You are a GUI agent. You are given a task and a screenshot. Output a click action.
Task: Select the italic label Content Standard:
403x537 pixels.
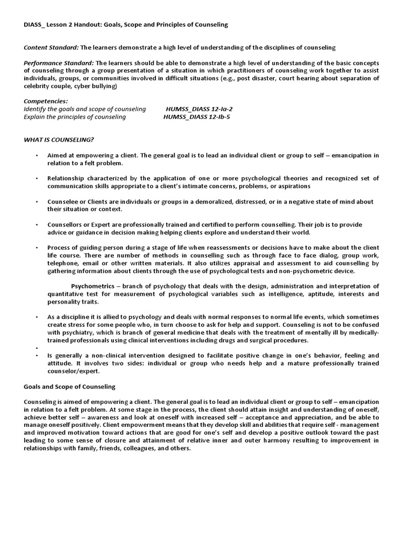coord(51,47)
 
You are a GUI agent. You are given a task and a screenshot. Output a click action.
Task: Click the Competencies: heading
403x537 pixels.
coord(46,101)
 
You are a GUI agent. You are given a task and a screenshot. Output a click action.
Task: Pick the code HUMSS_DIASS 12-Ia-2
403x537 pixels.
coord(199,109)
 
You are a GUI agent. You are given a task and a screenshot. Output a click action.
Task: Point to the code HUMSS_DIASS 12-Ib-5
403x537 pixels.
coord(197,117)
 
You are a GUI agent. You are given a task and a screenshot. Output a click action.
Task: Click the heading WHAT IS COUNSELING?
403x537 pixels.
coord(59,139)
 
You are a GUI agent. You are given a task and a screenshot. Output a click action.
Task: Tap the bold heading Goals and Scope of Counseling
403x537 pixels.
coord(69,386)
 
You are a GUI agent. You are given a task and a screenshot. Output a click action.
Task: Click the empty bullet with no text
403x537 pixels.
coord(37,348)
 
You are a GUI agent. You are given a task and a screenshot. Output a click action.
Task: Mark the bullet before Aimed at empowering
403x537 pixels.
coord(37,156)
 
